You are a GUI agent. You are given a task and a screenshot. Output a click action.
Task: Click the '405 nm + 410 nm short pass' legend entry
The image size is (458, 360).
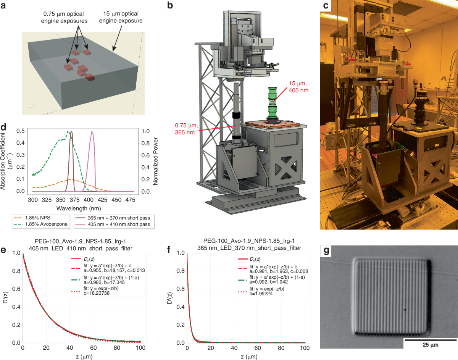[123, 224]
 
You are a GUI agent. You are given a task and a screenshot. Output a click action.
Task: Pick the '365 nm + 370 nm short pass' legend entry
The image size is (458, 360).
[123, 217]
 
